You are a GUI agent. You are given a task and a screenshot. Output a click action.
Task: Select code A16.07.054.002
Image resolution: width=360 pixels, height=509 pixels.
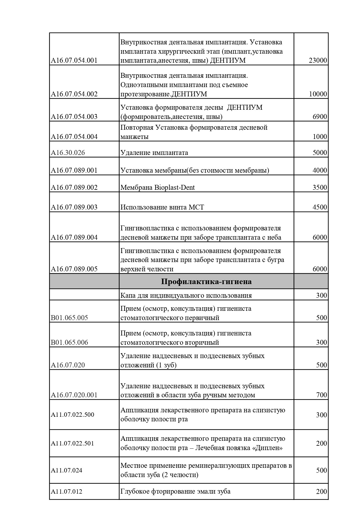point(74,94)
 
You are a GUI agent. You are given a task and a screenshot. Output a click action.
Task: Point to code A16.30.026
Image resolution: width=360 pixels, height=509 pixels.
point(68,153)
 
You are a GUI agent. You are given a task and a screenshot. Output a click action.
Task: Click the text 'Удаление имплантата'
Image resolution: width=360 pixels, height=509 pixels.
point(154,153)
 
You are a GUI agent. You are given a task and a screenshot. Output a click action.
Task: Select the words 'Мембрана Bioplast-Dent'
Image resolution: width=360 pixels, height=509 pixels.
point(157,187)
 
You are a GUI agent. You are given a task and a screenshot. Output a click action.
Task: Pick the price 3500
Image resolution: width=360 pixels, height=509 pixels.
point(320,187)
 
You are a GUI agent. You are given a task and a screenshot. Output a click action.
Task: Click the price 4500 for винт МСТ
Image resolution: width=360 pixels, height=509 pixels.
point(320,207)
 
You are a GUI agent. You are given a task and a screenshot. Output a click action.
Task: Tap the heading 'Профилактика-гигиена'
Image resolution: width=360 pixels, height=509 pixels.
point(206,281)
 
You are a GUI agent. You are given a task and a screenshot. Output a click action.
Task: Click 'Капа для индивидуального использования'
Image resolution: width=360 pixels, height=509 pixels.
point(186,295)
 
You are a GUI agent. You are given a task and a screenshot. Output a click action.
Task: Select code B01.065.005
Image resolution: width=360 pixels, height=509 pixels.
point(69,318)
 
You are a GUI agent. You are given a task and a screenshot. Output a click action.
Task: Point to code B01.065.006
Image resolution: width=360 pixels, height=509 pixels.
point(69,342)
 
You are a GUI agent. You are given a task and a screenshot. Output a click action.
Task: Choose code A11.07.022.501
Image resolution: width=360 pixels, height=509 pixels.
point(73,443)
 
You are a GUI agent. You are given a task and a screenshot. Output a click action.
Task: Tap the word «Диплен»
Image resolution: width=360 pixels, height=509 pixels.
point(267,448)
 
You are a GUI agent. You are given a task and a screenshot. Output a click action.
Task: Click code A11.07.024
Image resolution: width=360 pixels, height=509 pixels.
point(66,470)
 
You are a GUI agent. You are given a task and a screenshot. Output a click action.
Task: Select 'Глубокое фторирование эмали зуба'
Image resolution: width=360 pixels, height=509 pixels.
point(175,491)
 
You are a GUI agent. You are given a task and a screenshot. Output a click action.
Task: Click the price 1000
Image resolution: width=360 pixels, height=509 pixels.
point(320,137)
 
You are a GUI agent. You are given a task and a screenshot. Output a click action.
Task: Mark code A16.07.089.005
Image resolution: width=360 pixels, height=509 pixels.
point(74,269)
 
